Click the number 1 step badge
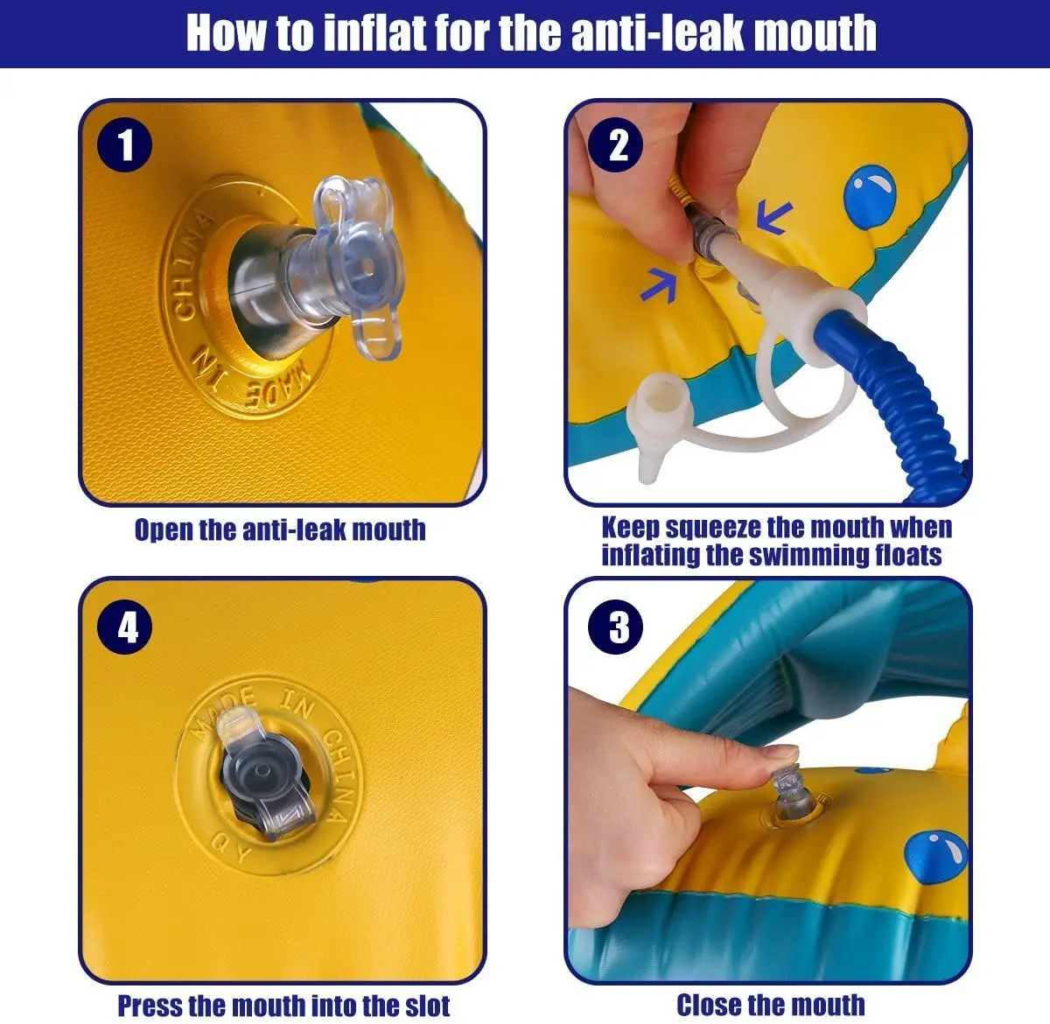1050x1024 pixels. coord(124,144)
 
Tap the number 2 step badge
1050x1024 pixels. coord(615,144)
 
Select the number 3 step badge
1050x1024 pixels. coord(615,628)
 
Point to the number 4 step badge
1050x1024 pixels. coord(124,628)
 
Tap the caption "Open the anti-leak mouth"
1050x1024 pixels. coord(280,530)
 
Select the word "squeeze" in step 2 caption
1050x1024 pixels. coord(713,528)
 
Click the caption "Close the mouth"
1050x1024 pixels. coord(771,1005)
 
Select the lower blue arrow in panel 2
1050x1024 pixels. coord(659,285)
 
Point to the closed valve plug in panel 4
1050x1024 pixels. coord(265,773)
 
